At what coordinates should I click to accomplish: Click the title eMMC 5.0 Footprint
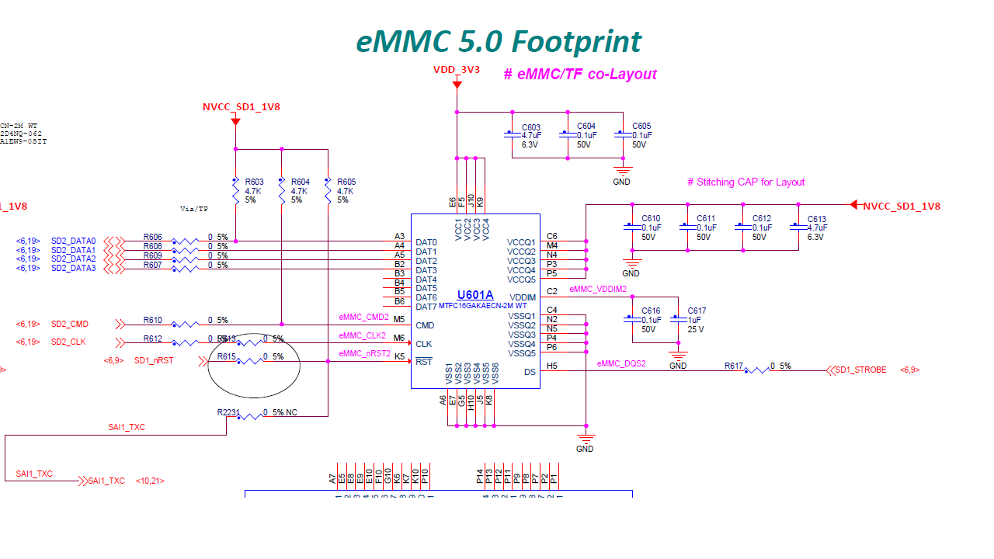(x=499, y=41)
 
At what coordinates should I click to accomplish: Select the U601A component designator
(x=475, y=295)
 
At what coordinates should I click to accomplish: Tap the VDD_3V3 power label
(x=457, y=70)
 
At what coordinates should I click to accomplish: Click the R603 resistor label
(x=254, y=182)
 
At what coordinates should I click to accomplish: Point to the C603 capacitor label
(x=531, y=127)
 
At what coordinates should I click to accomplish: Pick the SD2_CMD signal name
(x=70, y=324)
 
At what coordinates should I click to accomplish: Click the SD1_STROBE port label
(x=860, y=370)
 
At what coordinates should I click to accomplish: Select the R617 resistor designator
(x=734, y=366)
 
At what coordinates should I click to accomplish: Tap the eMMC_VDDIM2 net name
(x=597, y=289)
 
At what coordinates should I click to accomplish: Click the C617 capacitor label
(x=697, y=311)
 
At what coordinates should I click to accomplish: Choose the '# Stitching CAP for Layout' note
(x=745, y=182)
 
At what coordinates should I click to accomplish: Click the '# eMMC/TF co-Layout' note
(x=579, y=75)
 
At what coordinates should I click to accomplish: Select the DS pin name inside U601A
(x=530, y=372)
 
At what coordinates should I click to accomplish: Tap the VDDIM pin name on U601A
(x=522, y=298)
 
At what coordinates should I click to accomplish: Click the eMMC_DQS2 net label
(x=621, y=363)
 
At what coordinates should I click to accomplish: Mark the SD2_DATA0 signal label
(x=73, y=241)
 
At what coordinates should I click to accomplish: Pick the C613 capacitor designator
(x=817, y=220)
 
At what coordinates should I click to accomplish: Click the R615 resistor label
(x=226, y=357)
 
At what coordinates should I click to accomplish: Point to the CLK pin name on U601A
(x=423, y=344)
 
